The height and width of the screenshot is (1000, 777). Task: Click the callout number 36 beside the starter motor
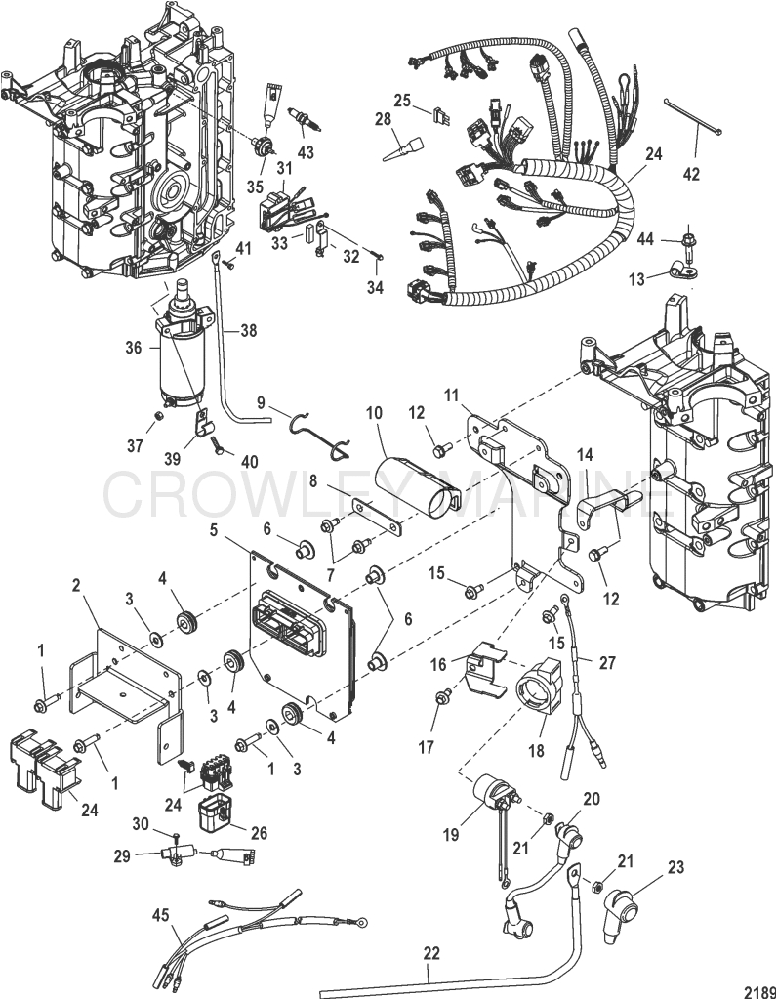(x=133, y=346)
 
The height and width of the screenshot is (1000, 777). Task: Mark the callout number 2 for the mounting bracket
(x=77, y=585)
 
